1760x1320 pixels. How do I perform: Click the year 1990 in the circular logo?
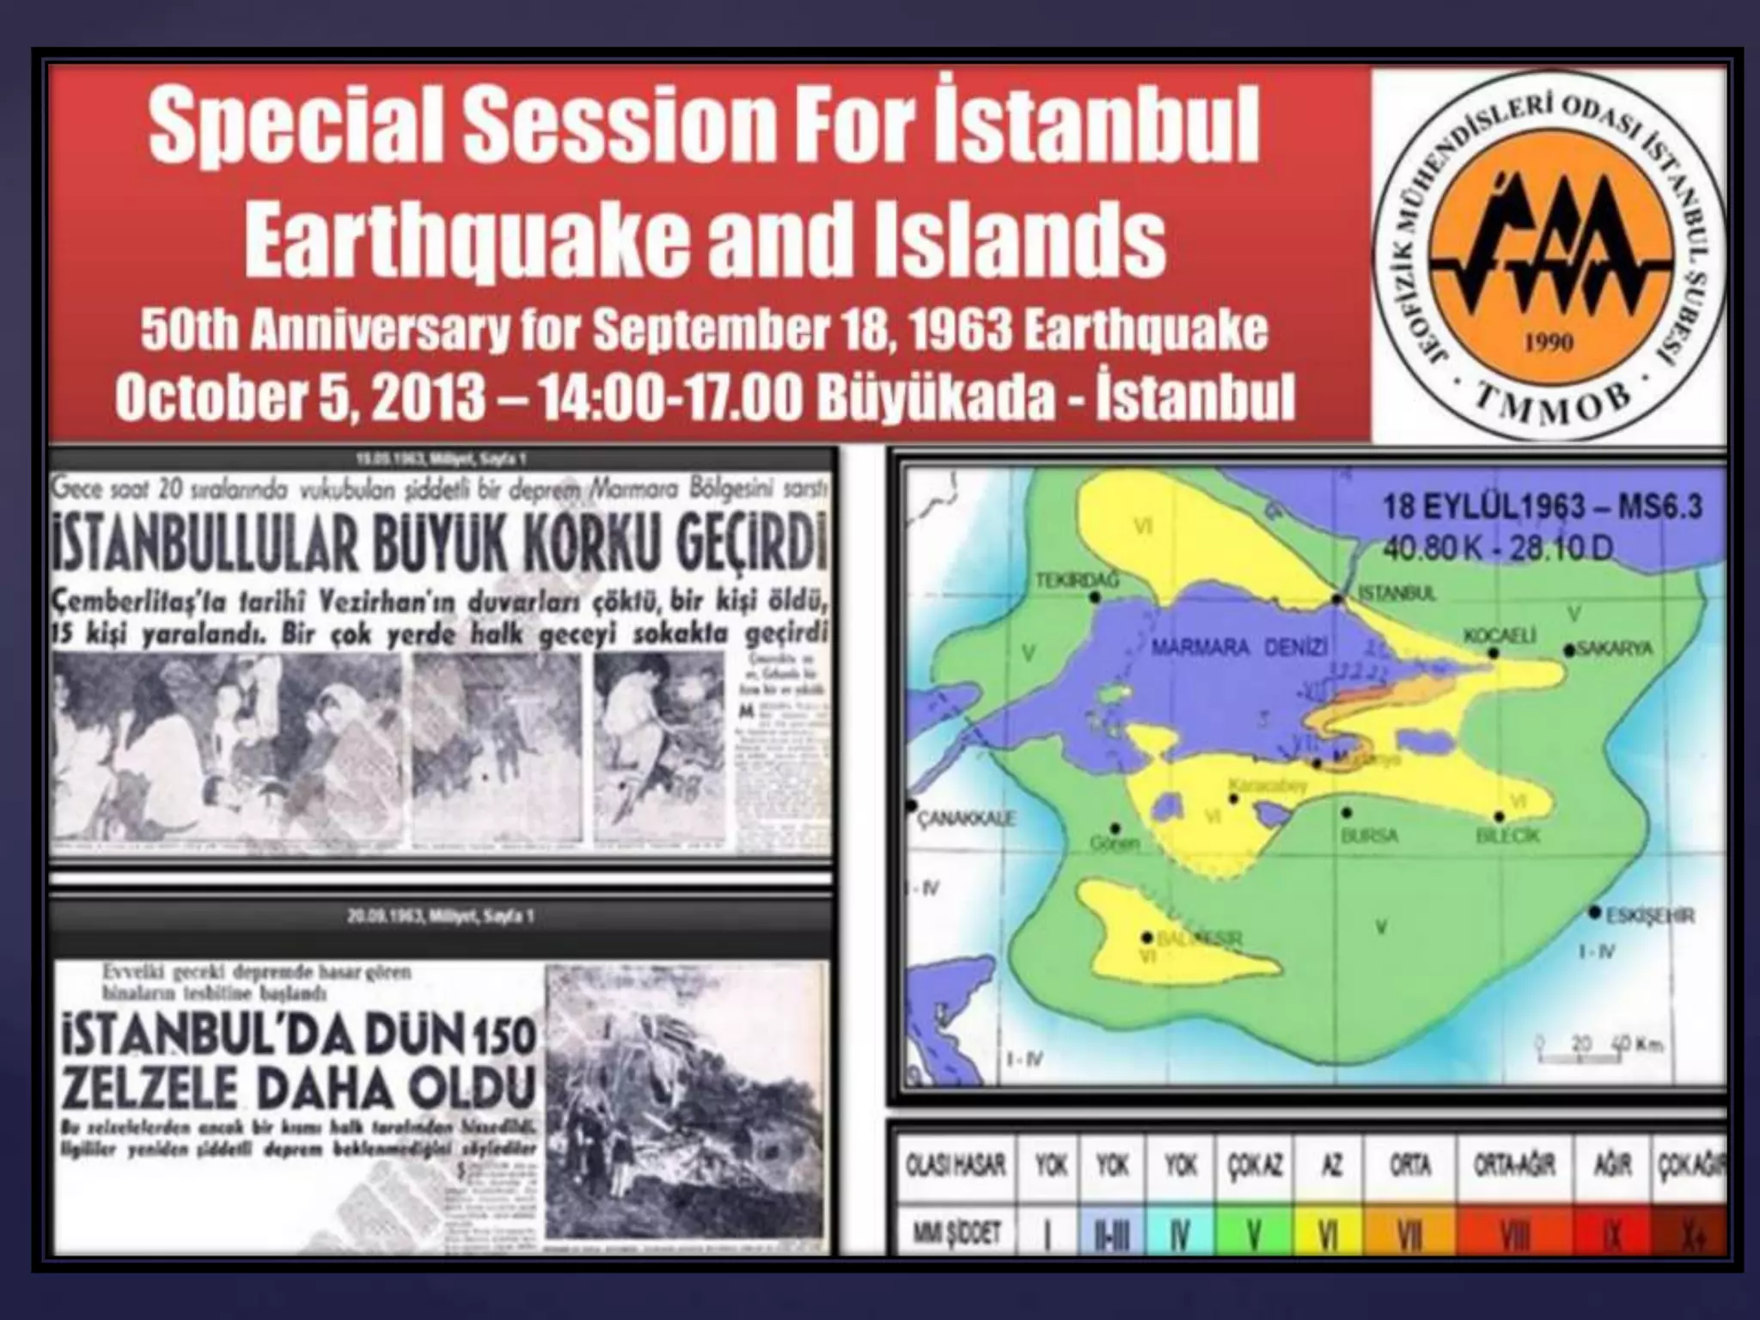[1549, 343]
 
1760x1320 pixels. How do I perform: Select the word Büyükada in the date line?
[935, 397]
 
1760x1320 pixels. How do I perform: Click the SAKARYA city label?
[1616, 649]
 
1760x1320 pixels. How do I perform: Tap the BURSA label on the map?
[1369, 835]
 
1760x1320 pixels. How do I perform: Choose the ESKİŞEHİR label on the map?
[1651, 916]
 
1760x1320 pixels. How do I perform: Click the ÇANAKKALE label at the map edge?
[966, 818]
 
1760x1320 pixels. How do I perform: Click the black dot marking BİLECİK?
[1500, 816]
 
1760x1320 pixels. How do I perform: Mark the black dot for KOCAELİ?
[1494, 653]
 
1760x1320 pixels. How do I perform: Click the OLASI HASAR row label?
[956, 1165]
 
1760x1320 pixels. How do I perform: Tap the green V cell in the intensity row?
[1254, 1235]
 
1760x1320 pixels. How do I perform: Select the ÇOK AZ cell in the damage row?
[1255, 1165]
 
